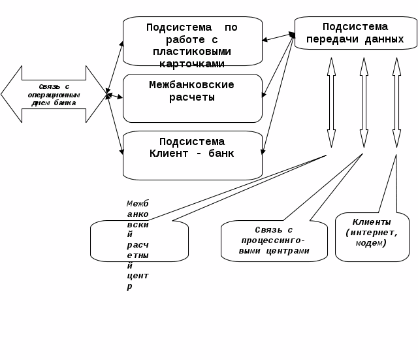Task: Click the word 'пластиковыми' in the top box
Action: (x=192, y=52)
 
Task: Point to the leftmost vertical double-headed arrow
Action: (x=331, y=103)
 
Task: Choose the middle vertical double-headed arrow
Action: (x=364, y=103)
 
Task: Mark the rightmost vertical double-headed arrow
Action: (x=396, y=103)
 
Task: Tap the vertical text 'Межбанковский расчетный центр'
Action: (x=138, y=245)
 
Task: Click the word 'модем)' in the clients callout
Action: (x=372, y=243)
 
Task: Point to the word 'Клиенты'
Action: (x=372, y=222)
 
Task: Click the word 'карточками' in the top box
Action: (x=192, y=63)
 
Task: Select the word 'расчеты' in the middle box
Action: (x=192, y=97)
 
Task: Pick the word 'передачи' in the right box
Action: (x=330, y=39)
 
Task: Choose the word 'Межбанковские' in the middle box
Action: (x=192, y=85)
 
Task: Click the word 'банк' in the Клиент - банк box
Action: (x=221, y=154)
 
